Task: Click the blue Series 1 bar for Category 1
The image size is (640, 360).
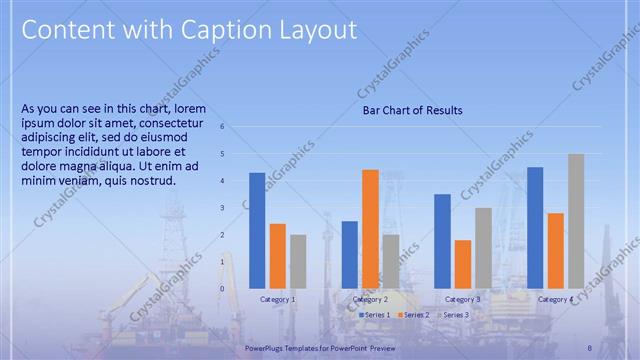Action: [x=257, y=231]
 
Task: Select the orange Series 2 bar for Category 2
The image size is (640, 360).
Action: [x=370, y=229]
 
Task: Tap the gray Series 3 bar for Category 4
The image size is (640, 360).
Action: [x=576, y=221]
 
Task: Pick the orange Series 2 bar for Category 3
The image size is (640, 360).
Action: [x=463, y=264]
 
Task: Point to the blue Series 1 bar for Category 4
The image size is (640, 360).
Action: [x=535, y=228]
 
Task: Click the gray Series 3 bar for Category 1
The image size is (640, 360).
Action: [x=298, y=262]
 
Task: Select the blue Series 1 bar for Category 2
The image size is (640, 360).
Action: [x=350, y=255]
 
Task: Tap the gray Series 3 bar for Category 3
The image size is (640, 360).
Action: [x=483, y=248]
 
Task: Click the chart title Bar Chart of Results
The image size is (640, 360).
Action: [x=412, y=111]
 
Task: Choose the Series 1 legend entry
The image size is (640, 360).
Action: [x=376, y=315]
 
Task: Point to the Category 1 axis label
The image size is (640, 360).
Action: [x=278, y=299]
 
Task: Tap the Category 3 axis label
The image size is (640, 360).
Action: [x=463, y=299]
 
